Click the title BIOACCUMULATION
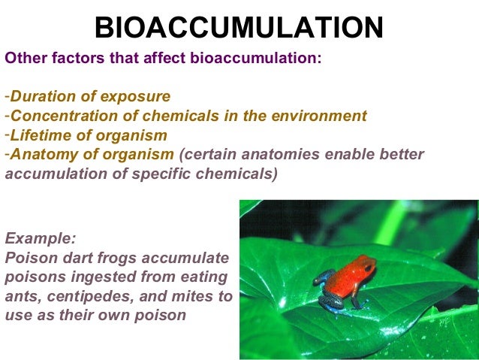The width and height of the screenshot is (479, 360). click(x=239, y=28)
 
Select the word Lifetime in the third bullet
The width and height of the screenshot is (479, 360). click(x=38, y=135)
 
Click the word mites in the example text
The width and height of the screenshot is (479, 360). click(x=192, y=296)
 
